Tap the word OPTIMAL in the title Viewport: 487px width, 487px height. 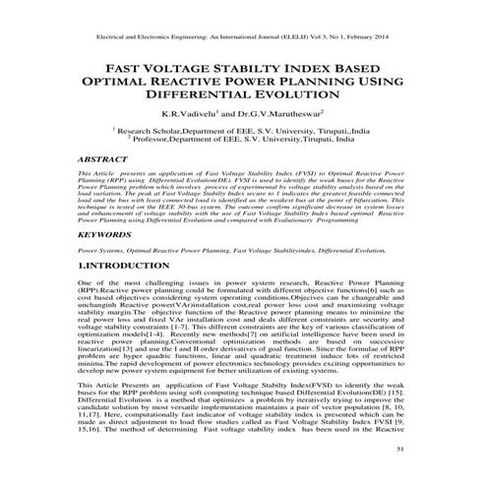tap(137, 83)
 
